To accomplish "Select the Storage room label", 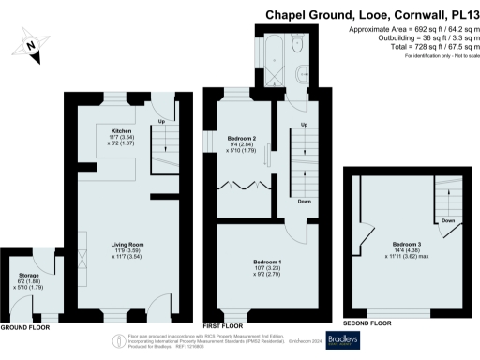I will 29,276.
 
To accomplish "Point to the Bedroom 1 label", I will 267,262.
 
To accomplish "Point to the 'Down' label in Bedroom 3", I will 448,221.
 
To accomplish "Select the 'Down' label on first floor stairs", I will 304,201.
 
